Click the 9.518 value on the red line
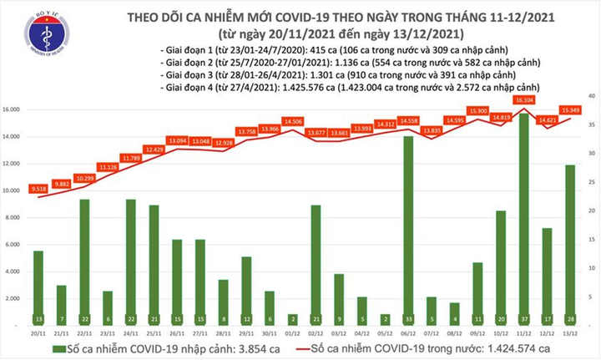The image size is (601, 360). pyautogui.click(x=38, y=189)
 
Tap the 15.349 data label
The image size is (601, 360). pyautogui.click(x=572, y=109)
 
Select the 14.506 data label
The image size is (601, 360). pyautogui.click(x=292, y=121)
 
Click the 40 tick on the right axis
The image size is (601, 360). pyautogui.click(x=591, y=97)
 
